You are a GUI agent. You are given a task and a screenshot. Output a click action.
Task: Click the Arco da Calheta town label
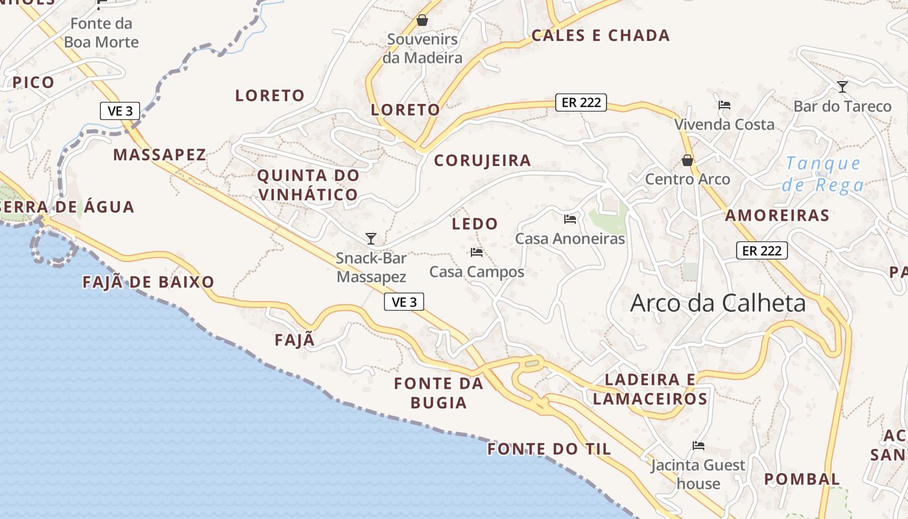coord(718,304)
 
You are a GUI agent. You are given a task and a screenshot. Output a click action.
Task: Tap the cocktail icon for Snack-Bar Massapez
coord(370,239)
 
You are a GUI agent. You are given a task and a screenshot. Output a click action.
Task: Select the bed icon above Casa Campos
coord(477,252)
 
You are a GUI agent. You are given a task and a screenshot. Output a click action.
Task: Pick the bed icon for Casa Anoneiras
coord(570,219)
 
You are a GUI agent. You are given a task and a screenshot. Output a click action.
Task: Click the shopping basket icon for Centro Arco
coord(687,160)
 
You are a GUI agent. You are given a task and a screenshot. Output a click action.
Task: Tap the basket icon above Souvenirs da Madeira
coord(422,20)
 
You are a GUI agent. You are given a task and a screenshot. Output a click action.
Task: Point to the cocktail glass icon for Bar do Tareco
coord(842,86)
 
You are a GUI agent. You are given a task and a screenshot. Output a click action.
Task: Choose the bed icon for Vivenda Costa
coord(724,104)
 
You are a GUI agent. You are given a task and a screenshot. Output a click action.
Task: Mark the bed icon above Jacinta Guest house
coord(699,446)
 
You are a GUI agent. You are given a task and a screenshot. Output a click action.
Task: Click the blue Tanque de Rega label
coord(822,174)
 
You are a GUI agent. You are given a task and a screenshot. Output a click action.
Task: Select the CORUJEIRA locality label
coord(483,160)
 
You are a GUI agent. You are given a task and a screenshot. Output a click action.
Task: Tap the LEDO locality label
coord(475,224)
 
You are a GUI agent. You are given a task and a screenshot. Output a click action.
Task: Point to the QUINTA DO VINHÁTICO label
coord(308,184)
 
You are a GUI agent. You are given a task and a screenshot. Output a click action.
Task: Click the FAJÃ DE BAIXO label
coord(149,282)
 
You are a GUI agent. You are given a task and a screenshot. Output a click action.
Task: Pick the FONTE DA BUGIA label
coord(439,392)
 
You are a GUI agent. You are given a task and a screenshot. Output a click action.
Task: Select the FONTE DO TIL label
coord(549,448)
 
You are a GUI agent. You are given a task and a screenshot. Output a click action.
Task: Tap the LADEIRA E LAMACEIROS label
coord(650,389)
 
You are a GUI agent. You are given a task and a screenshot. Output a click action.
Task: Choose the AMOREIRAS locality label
coord(777,215)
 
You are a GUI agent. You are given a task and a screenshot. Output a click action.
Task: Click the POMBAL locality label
coord(802,479)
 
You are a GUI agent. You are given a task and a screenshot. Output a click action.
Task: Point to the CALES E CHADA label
coord(601,36)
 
